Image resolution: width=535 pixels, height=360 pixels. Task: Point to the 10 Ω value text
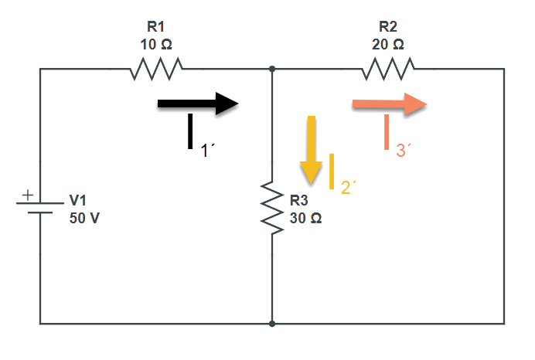(156, 45)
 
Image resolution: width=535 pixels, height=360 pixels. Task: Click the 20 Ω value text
(387, 45)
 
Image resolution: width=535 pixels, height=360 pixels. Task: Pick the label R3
(299, 201)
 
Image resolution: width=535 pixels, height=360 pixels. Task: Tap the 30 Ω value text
(306, 218)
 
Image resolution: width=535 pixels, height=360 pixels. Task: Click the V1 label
(78, 200)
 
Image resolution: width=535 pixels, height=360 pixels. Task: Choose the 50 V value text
(84, 218)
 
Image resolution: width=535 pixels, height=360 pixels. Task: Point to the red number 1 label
(206, 151)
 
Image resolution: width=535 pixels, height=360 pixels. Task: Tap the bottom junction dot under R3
(272, 324)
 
